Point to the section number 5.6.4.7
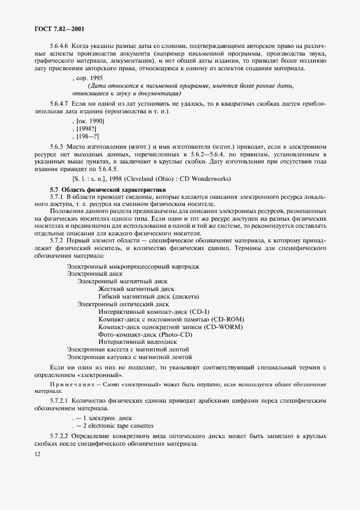[60, 104]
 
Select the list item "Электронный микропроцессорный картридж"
[133, 266]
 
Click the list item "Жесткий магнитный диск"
[136, 289]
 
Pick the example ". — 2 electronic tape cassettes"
[113, 426]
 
